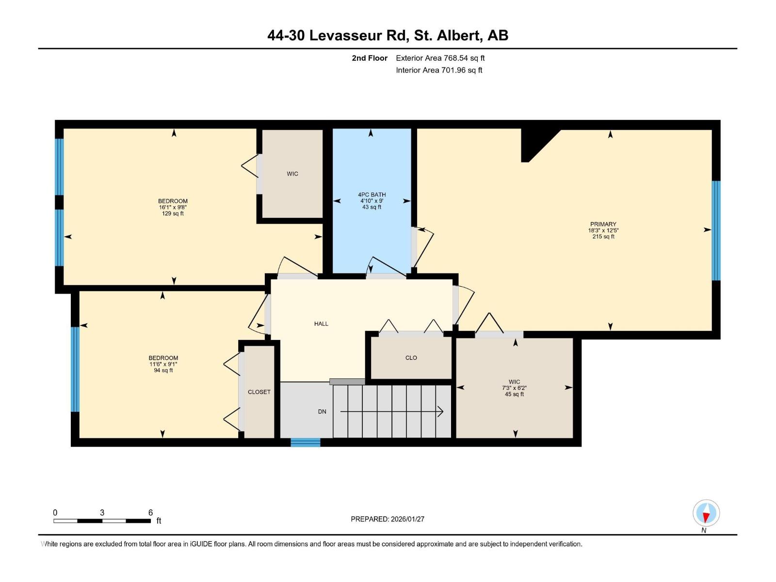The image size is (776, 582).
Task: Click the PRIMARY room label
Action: pyautogui.click(x=603, y=225)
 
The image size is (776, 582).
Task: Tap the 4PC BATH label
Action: pyautogui.click(x=372, y=194)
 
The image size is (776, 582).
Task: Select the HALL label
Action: pyautogui.click(x=321, y=323)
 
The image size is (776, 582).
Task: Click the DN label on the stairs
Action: pyautogui.click(x=322, y=411)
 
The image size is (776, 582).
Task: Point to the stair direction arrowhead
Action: pyautogui.click(x=440, y=411)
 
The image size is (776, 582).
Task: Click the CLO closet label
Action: pyautogui.click(x=411, y=357)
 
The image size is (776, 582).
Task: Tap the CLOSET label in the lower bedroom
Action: pyautogui.click(x=259, y=392)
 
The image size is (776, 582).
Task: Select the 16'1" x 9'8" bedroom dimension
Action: pyautogui.click(x=173, y=207)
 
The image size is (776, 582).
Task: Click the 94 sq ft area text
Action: pyautogui.click(x=163, y=370)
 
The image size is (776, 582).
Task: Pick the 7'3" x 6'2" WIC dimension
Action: pyautogui.click(x=514, y=388)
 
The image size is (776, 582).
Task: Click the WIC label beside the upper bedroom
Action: pyautogui.click(x=292, y=174)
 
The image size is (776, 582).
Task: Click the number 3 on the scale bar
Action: pyautogui.click(x=102, y=512)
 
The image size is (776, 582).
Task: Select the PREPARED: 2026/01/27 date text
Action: pyautogui.click(x=388, y=519)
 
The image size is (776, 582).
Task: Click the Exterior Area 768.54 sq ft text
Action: pyautogui.click(x=440, y=58)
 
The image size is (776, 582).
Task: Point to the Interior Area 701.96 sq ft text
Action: pyautogui.click(x=439, y=70)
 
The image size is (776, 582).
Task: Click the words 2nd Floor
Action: pyautogui.click(x=370, y=58)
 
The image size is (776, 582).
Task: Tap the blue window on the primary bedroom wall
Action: pyautogui.click(x=716, y=230)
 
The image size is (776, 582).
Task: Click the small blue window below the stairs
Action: pyautogui.click(x=306, y=442)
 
